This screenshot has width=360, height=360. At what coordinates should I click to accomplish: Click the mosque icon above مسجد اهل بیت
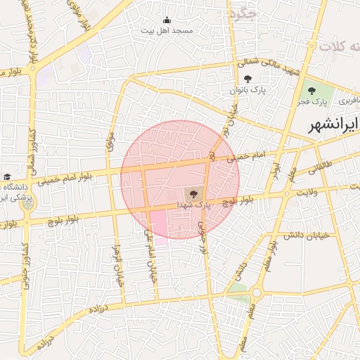(167, 20)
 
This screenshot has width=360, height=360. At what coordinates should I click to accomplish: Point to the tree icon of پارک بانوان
(247, 79)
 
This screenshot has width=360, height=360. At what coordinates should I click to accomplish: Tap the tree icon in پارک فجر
(311, 90)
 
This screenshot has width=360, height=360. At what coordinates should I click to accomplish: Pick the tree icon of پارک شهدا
(191, 192)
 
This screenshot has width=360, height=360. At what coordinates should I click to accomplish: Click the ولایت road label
(308, 191)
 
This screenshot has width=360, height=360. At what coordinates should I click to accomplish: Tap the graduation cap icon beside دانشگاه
(7, 176)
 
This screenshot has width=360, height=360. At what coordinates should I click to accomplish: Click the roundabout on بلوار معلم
(257, 292)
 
